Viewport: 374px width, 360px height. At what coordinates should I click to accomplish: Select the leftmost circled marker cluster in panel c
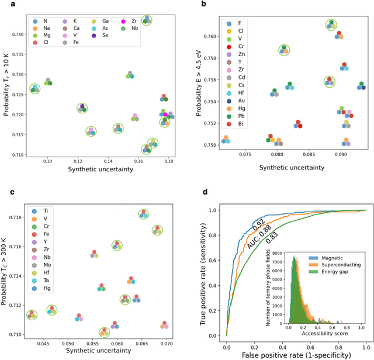pyautogui.click(x=31, y=314)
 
